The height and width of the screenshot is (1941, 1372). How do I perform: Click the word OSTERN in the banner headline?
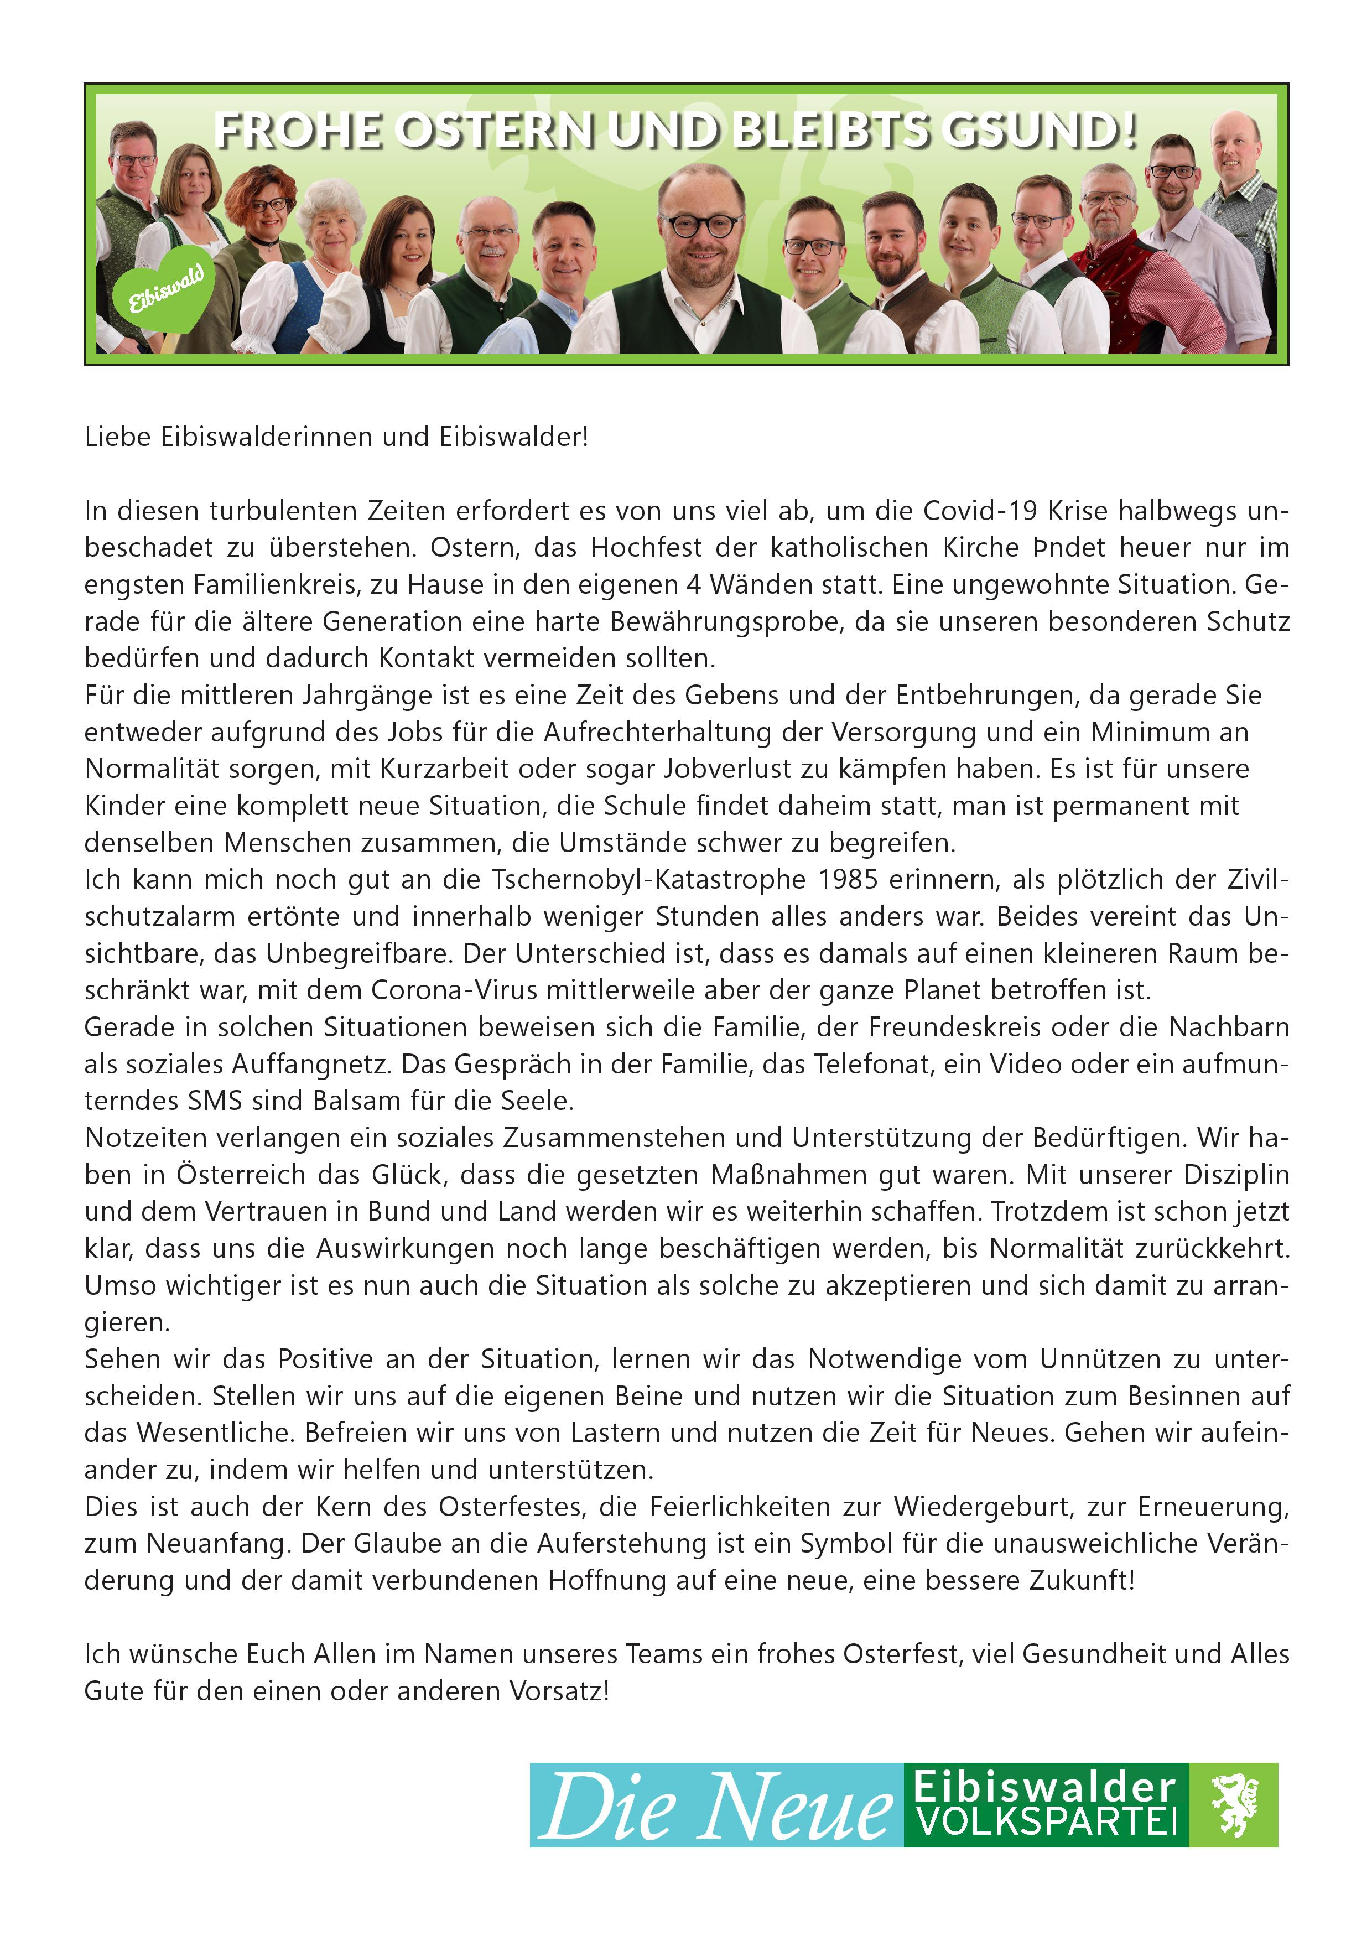pyautogui.click(x=495, y=131)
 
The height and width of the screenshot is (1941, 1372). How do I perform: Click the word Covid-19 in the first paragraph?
pyautogui.click(x=978, y=511)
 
